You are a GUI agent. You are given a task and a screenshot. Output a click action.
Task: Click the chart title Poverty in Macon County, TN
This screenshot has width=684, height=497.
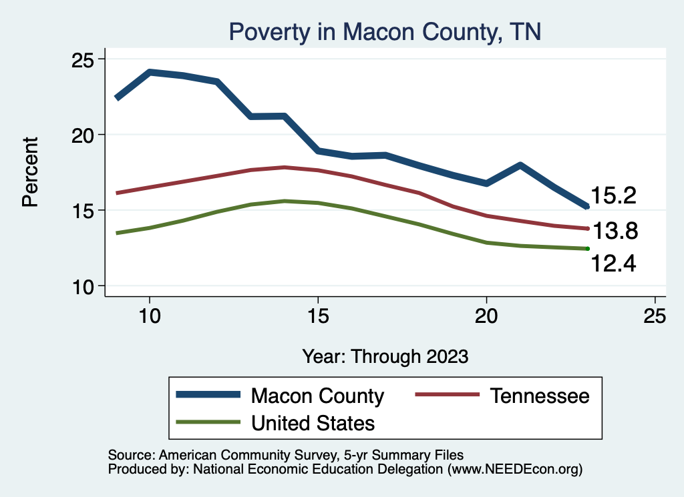click(384, 31)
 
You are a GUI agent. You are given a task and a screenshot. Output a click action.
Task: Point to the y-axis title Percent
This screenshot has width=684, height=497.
click(30, 171)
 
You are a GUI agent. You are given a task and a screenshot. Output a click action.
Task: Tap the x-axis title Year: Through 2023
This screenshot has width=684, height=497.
click(385, 356)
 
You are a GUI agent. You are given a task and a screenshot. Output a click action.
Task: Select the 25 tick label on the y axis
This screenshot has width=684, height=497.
click(84, 59)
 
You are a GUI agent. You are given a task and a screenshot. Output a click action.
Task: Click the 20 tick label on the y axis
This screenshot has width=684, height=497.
click(84, 135)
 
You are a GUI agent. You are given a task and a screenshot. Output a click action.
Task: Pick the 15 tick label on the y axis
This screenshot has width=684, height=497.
click(84, 211)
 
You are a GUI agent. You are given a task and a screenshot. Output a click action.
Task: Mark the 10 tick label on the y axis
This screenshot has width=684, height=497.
click(84, 286)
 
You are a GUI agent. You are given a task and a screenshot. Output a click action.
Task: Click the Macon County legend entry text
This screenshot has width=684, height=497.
click(317, 396)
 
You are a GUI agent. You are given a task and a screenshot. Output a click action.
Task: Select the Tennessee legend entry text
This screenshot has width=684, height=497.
click(540, 396)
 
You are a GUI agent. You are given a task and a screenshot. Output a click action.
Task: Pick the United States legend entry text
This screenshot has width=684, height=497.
click(313, 422)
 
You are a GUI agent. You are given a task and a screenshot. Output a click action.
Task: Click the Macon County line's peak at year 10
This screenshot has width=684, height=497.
click(150, 72)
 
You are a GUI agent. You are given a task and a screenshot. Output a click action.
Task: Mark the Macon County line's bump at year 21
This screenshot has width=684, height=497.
click(520, 165)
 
